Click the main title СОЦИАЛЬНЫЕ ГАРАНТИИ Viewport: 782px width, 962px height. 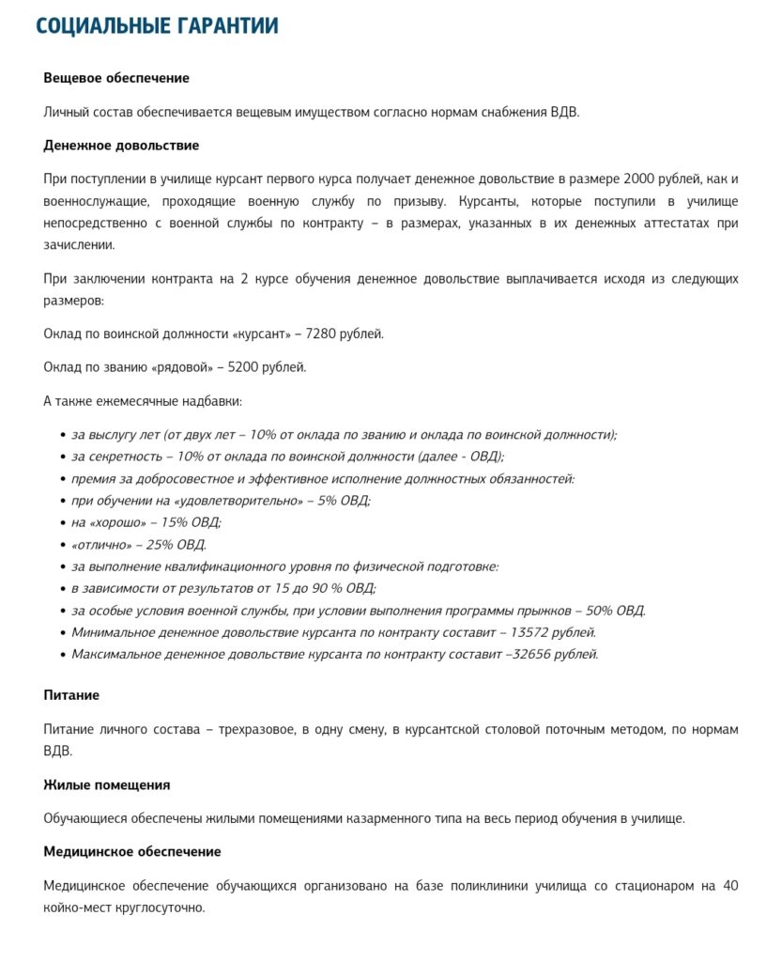click(x=157, y=26)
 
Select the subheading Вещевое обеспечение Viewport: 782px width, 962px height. click(x=116, y=78)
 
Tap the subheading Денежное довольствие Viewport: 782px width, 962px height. click(x=121, y=146)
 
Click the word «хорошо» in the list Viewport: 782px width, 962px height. click(x=118, y=522)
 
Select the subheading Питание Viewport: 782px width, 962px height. click(x=71, y=695)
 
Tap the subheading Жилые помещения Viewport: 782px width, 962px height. click(x=107, y=784)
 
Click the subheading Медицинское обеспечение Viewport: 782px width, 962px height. click(x=132, y=851)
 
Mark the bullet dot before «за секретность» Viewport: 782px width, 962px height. click(x=62, y=458)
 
